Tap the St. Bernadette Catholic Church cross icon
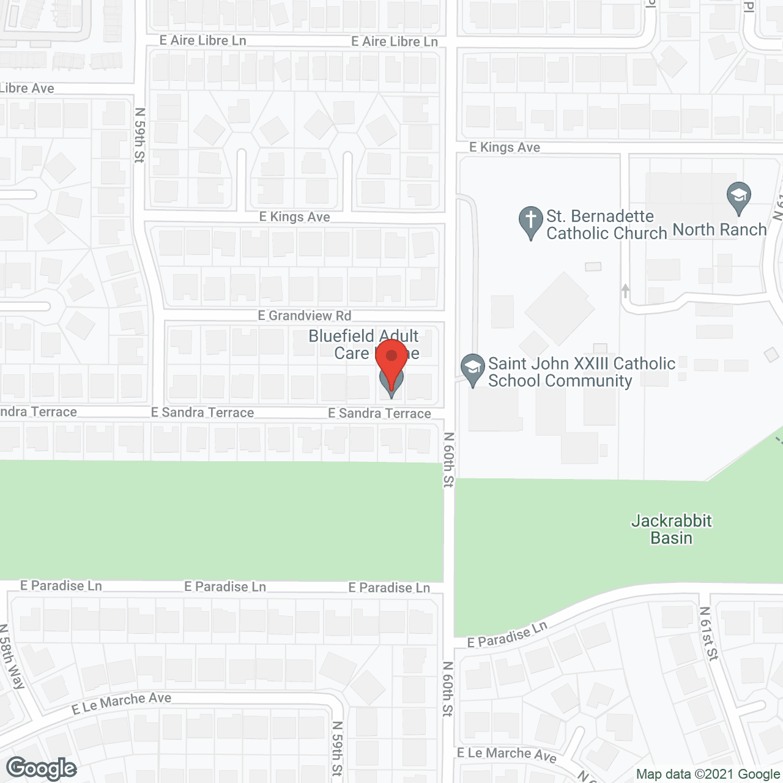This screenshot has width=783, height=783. pyautogui.click(x=530, y=221)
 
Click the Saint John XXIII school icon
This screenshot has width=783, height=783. pyautogui.click(x=472, y=369)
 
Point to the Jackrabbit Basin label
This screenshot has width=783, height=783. pyautogui.click(x=671, y=529)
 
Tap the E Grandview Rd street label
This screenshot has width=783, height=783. pyautogui.click(x=305, y=316)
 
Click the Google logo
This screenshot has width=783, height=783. pyautogui.click(x=42, y=768)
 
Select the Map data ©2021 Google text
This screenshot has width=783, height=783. pyautogui.click(x=708, y=774)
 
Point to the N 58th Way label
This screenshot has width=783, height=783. pyautogui.click(x=12, y=656)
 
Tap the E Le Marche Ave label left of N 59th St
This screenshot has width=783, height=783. pyautogui.click(x=121, y=703)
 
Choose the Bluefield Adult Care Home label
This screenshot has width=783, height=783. pyautogui.click(x=363, y=344)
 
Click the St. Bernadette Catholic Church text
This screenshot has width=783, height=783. pyautogui.click(x=606, y=225)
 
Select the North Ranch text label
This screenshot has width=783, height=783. pyautogui.click(x=719, y=229)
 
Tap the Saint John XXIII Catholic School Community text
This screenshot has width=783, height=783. pyautogui.click(x=581, y=372)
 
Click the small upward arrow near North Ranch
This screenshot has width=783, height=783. pyautogui.click(x=625, y=291)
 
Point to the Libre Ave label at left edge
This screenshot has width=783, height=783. pyautogui.click(x=27, y=88)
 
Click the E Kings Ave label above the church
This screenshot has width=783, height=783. pyautogui.click(x=505, y=147)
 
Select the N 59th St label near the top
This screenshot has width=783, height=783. pyautogui.click(x=140, y=135)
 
